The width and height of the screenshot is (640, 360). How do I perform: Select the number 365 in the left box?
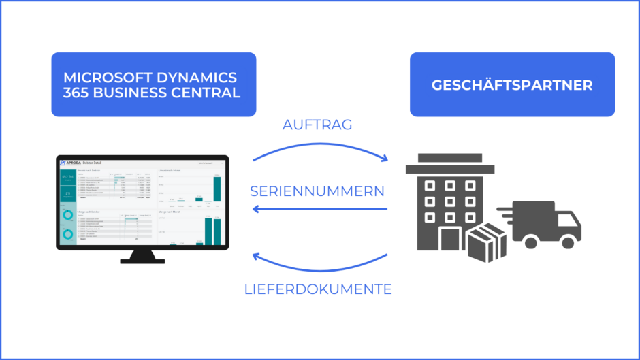point(76,93)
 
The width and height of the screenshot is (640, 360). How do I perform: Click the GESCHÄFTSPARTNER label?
point(512,85)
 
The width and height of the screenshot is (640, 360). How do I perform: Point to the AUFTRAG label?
point(317,125)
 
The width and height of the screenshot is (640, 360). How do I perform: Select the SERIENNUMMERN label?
point(317,191)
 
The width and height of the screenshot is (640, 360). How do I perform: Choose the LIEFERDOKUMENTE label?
point(317,289)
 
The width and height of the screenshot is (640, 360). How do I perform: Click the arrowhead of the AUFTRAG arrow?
point(385,159)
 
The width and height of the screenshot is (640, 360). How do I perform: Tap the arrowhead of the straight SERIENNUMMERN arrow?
point(255,208)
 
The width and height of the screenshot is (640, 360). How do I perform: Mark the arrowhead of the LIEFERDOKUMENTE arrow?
point(255,257)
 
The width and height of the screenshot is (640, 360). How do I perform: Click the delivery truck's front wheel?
point(566,241)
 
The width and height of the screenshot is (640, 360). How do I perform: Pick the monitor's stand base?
point(142,261)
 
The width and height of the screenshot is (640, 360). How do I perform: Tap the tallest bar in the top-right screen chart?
point(217,189)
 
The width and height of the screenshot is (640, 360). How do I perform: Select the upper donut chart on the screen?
point(68,215)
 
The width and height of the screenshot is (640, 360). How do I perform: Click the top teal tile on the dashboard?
point(68,178)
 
